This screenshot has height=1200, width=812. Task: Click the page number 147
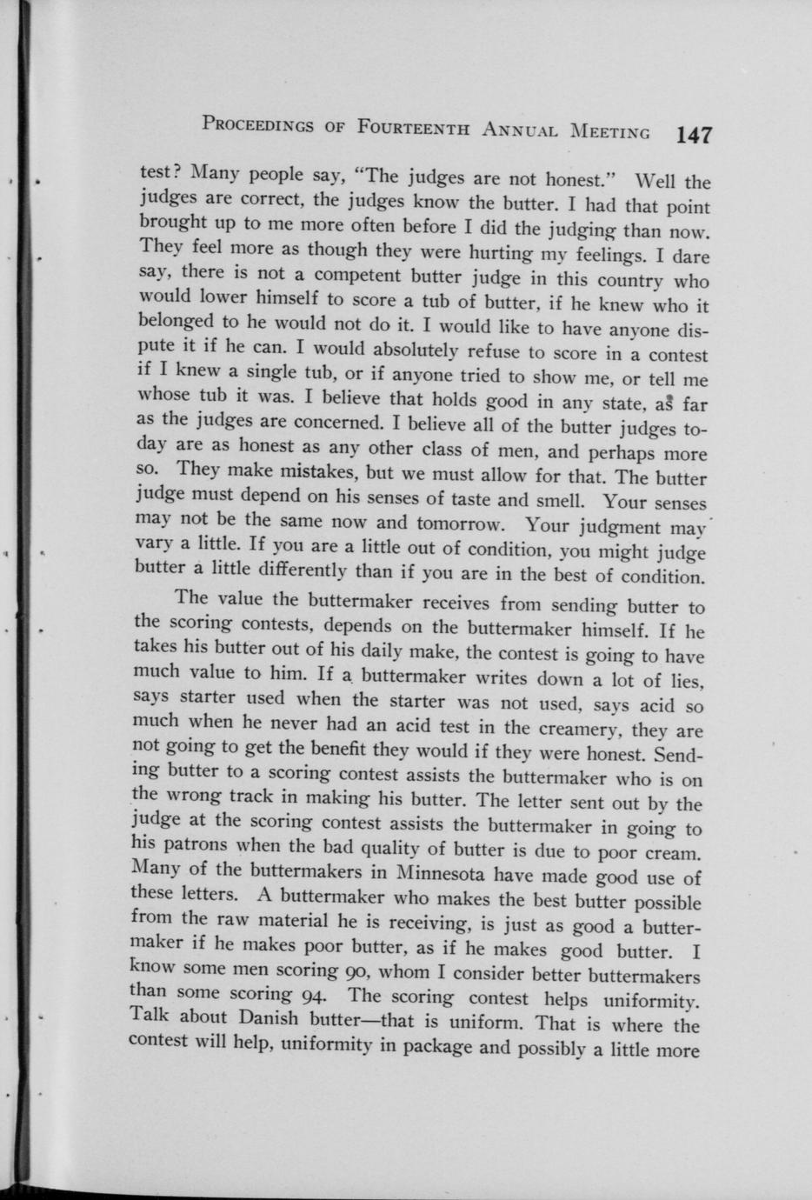[x=694, y=135]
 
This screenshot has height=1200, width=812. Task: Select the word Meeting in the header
[x=609, y=132]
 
